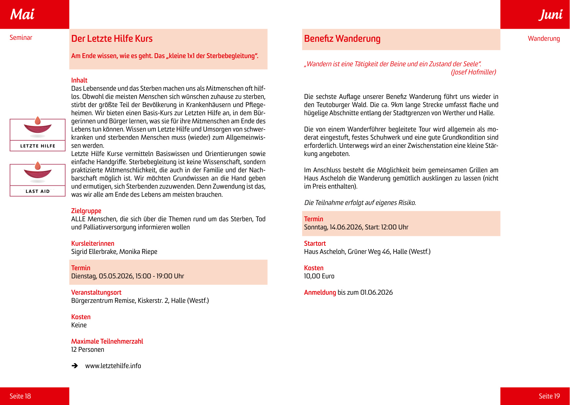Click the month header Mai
(22, 14)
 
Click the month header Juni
(550, 15)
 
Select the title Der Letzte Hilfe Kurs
(112, 39)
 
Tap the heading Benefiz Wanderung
(342, 39)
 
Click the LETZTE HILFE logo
(37, 135)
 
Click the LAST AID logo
(37, 180)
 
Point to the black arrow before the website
(75, 366)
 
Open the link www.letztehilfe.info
(113, 366)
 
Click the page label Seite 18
(20, 396)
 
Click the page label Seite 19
(549, 396)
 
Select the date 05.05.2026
(116, 276)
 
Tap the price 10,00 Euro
(319, 276)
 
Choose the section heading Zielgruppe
(86, 211)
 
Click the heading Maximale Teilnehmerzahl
(107, 341)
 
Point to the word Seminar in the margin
(21, 38)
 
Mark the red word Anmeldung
(320, 292)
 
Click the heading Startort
(315, 243)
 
